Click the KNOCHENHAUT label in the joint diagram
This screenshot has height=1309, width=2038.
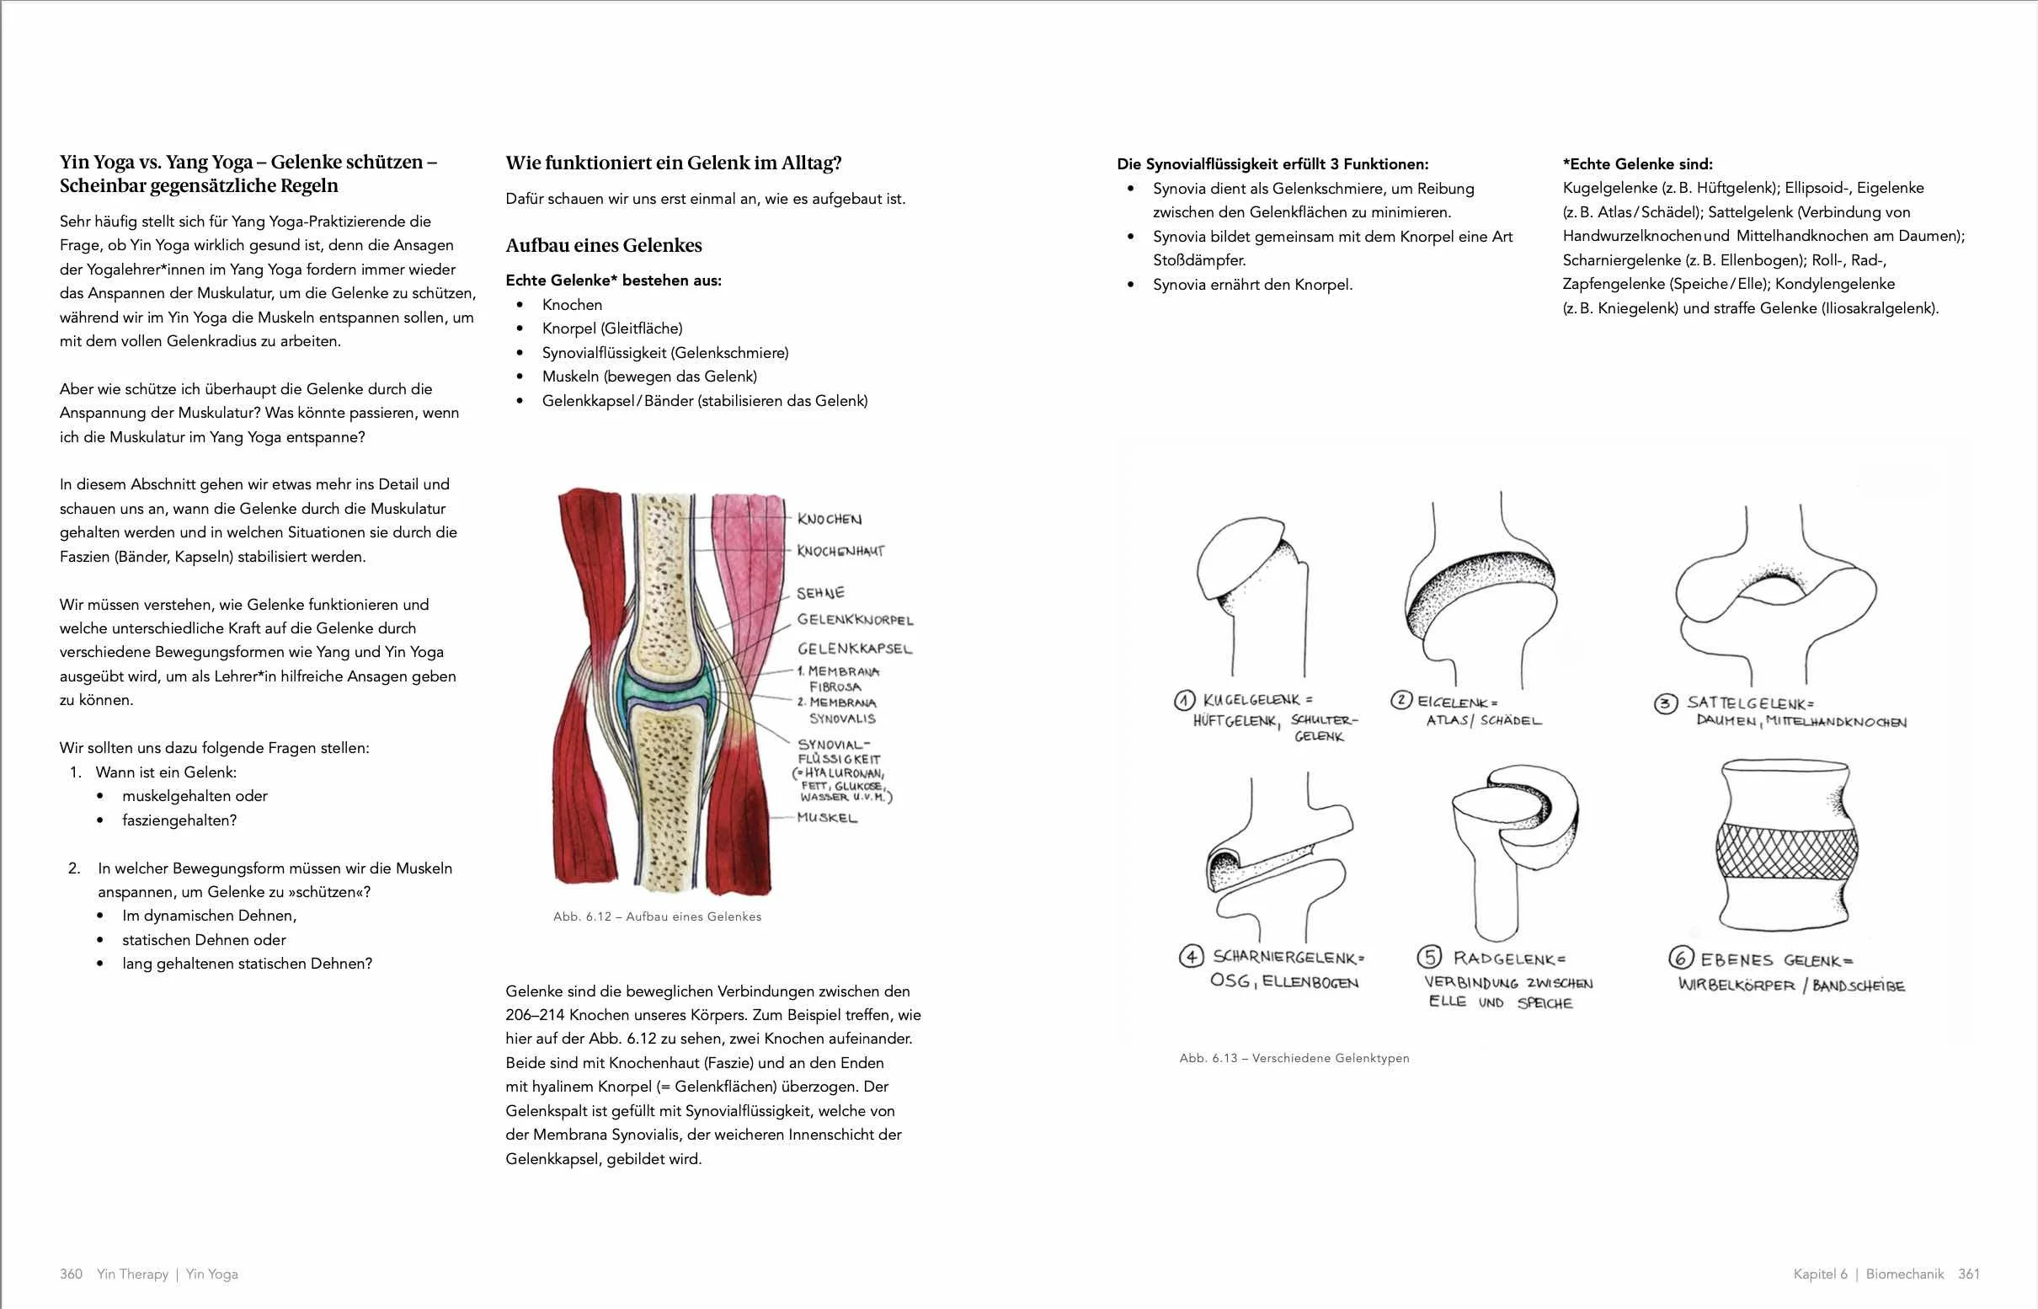840,551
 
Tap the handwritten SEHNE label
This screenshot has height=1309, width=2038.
820,592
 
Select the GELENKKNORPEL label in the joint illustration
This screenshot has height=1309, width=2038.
855,620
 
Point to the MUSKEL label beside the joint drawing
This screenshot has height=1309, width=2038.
827,818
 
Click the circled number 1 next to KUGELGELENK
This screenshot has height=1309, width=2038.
1185,700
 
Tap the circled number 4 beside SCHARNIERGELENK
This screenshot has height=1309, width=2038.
1192,957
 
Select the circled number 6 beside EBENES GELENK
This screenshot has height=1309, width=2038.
1680,959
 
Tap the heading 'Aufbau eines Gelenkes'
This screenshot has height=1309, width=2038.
604,246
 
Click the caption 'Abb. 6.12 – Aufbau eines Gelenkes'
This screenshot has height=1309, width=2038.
657,916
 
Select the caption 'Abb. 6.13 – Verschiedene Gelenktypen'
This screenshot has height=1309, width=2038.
1294,1058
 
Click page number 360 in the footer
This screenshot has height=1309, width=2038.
71,1274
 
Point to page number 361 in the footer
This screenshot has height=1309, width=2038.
1968,1274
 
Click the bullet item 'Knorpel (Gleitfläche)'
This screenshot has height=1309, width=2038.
612,329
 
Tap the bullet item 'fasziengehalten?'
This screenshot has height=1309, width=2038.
179,820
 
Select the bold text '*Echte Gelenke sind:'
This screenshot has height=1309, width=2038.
1637,164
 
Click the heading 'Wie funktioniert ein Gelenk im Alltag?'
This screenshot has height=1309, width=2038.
673,163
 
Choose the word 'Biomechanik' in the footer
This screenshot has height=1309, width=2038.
1905,1274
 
